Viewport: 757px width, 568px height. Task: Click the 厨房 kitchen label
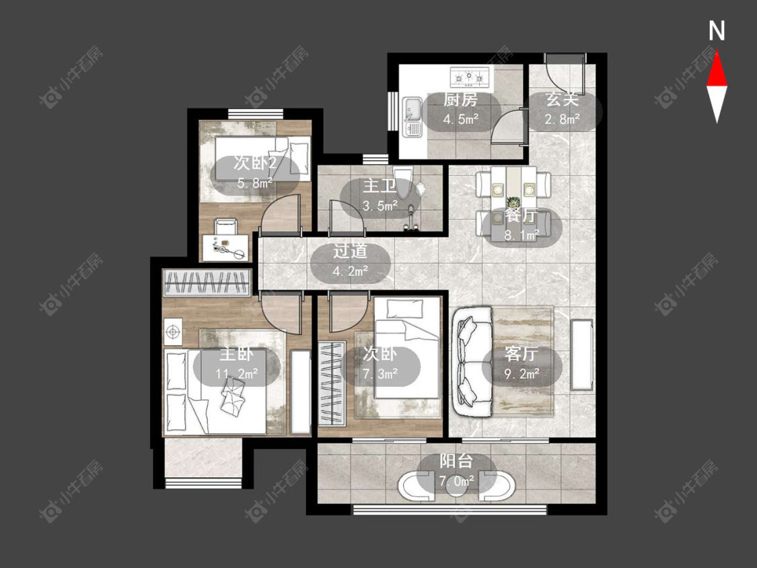point(460,100)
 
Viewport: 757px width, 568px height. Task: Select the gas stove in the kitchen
point(469,77)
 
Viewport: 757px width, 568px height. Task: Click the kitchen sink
point(412,116)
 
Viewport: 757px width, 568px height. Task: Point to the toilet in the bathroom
point(403,182)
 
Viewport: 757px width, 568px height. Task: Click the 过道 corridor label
point(350,251)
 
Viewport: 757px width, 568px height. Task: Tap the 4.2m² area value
point(350,271)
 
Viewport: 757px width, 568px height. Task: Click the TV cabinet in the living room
point(582,355)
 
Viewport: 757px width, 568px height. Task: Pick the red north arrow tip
point(717,52)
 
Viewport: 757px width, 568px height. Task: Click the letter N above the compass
point(717,31)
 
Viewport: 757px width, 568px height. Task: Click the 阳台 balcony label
point(456,461)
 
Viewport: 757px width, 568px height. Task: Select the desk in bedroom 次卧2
point(225,247)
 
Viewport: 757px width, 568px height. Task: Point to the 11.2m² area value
point(237,374)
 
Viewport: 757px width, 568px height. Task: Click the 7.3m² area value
point(380,373)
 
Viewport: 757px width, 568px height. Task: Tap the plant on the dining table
point(513,201)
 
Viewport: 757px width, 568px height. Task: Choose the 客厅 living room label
point(521,354)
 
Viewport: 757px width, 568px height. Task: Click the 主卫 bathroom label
point(380,186)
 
